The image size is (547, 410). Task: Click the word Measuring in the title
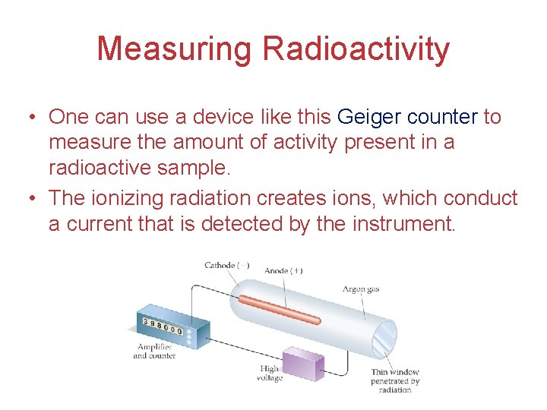coord(174,49)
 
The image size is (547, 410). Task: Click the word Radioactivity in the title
coord(356,49)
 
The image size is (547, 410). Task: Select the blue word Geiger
coord(368,117)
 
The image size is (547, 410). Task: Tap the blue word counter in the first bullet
coord(442,117)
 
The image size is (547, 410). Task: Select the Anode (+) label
coord(283,270)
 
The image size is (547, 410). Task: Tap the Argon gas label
coord(360,289)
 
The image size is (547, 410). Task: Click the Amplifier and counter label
coord(154,351)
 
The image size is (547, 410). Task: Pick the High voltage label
coord(270,374)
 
